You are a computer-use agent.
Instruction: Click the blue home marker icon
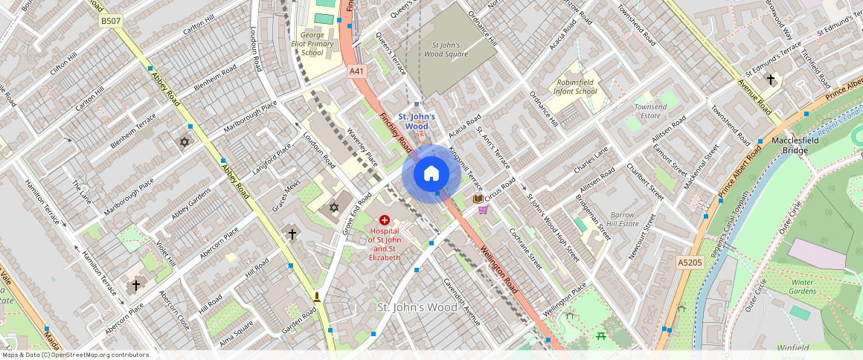pos(431,174)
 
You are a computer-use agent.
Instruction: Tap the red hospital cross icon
pos(385,220)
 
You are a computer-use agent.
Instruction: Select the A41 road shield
pos(357,71)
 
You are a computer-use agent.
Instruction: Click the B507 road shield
pos(110,22)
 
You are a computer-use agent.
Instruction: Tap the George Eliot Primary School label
pos(313,43)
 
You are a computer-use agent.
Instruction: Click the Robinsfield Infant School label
pos(575,86)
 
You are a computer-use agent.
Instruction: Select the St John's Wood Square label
pos(449,49)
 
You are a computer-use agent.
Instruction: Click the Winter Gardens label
pos(803,286)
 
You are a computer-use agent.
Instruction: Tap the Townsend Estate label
pos(650,112)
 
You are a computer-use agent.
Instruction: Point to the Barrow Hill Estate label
pos(623,219)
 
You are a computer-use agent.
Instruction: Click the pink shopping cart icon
pos(483,210)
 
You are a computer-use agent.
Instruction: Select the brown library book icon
pos(478,199)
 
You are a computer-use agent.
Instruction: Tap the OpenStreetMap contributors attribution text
pos(74,355)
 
